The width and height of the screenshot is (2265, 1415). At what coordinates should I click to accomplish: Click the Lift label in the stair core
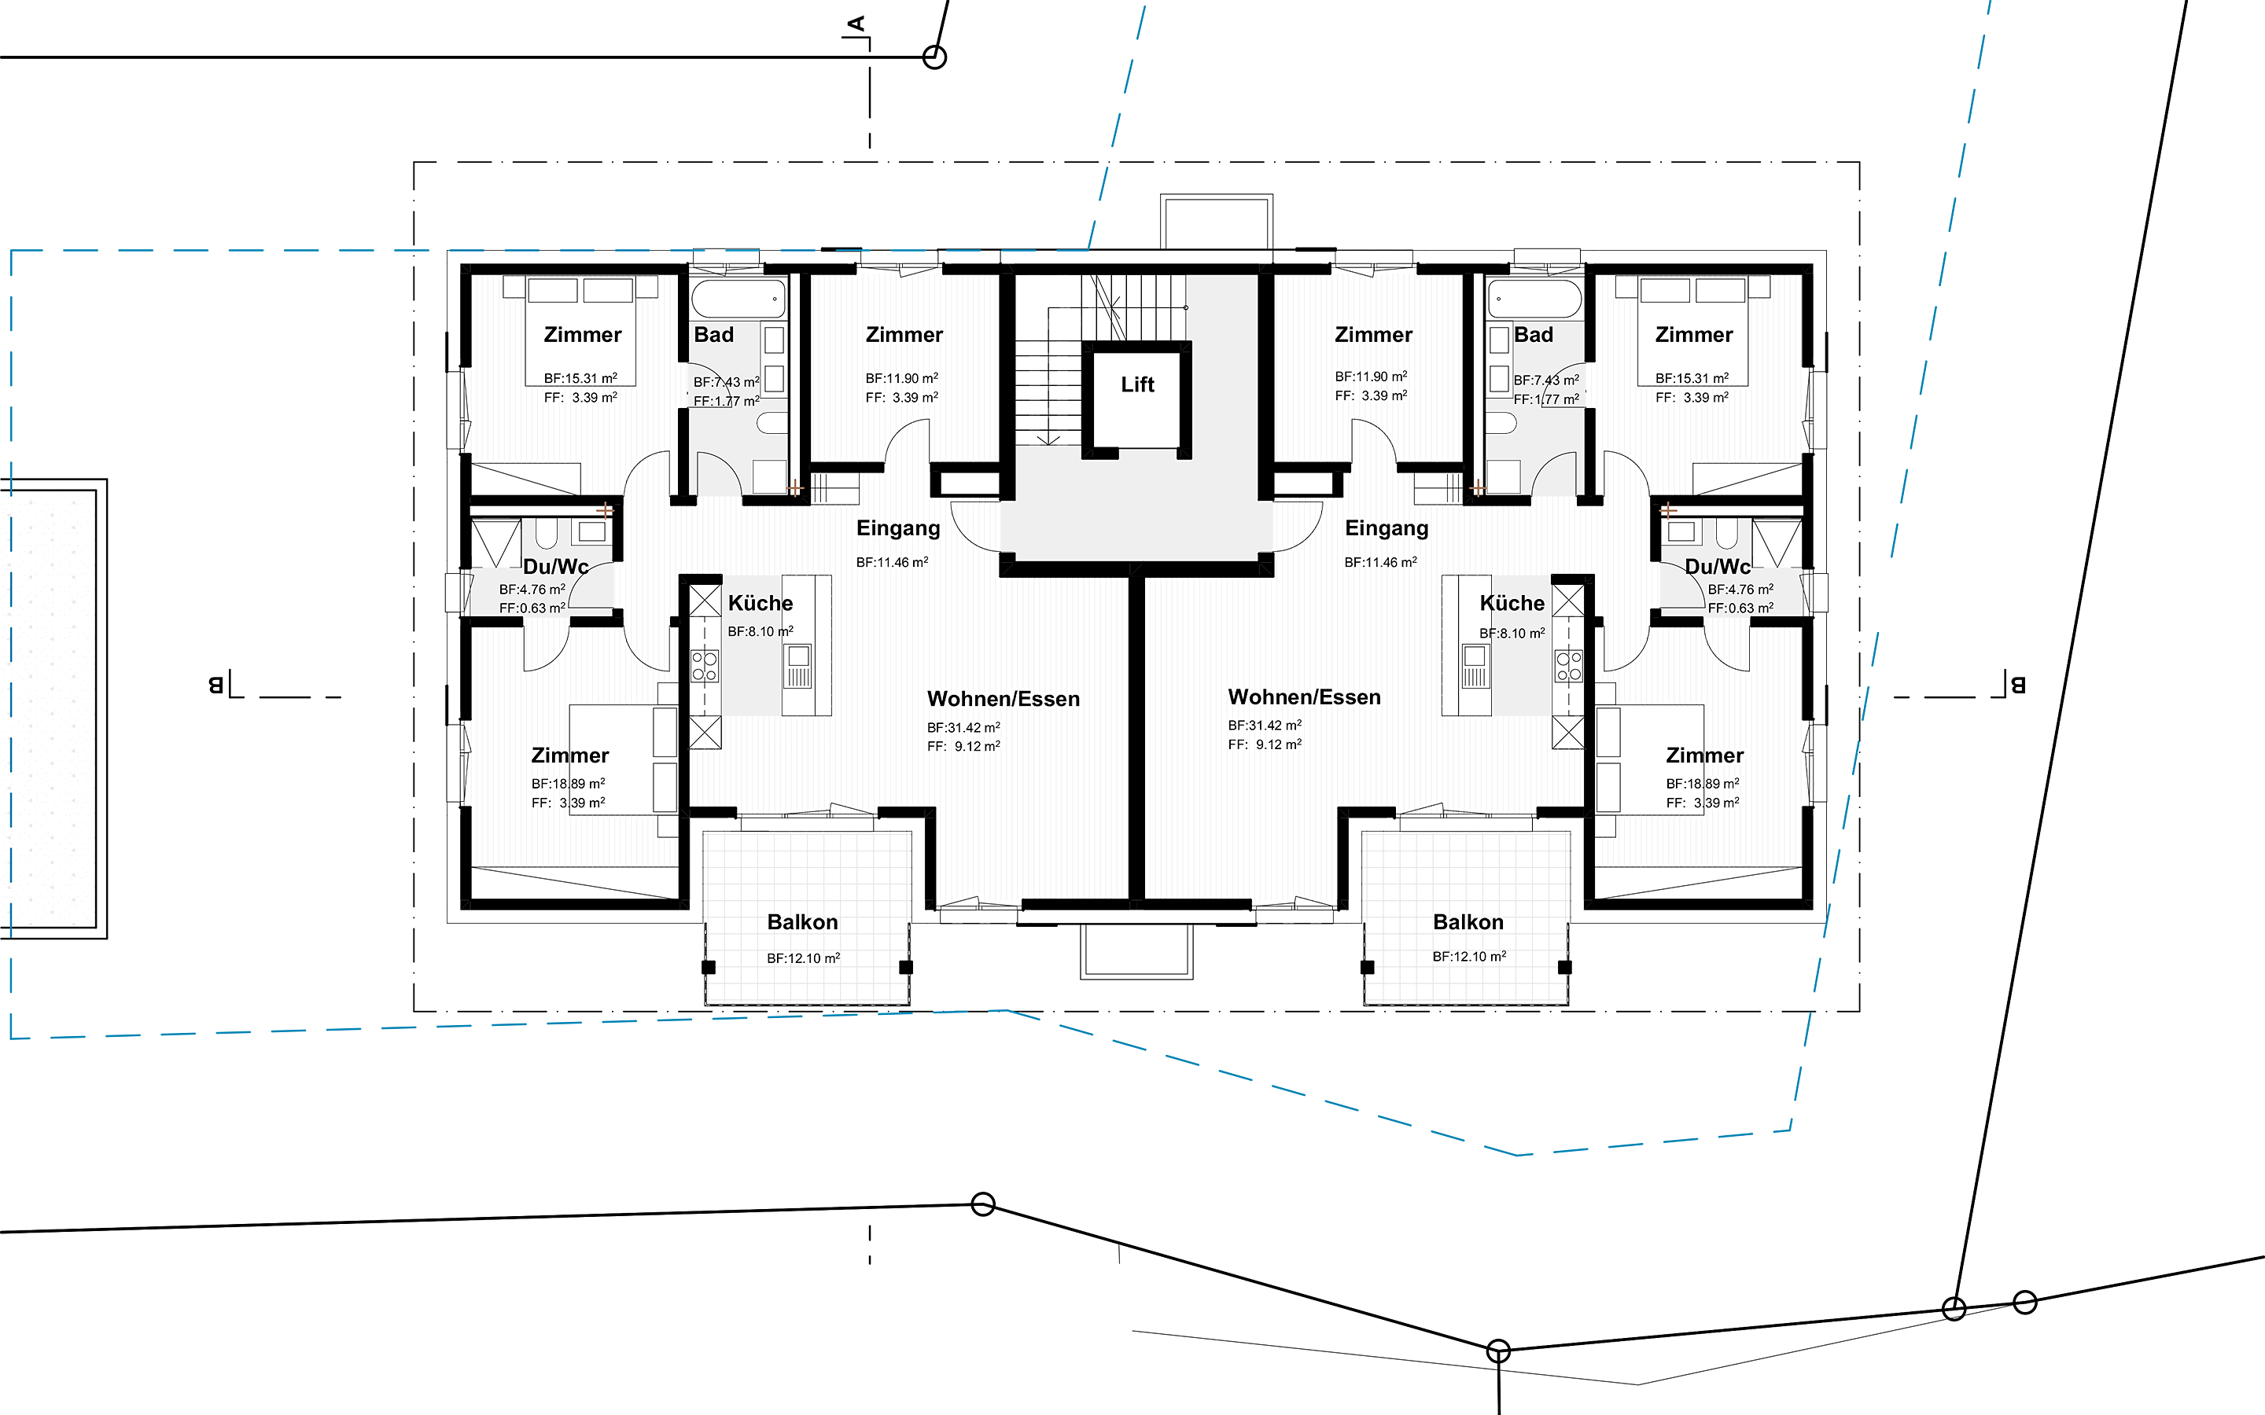click(x=1137, y=384)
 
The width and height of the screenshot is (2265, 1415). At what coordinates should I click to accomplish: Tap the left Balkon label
click(x=802, y=922)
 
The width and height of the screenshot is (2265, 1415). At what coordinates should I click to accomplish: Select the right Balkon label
click(x=1468, y=922)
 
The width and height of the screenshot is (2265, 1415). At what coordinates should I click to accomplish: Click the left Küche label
click(x=760, y=603)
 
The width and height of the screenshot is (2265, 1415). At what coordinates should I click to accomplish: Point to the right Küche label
click(x=1512, y=603)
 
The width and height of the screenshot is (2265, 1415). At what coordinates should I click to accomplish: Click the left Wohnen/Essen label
click(x=1004, y=699)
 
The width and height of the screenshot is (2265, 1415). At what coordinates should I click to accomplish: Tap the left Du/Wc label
click(x=556, y=566)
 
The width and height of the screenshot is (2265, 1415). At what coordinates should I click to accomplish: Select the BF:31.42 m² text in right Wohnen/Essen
click(x=1265, y=726)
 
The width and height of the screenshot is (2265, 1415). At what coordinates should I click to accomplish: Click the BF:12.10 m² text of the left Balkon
click(x=803, y=958)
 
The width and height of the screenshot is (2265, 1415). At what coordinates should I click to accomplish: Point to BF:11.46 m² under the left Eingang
click(x=892, y=562)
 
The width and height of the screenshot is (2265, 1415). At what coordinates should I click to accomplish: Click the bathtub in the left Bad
click(x=738, y=299)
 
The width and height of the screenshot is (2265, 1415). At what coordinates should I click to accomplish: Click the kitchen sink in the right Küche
click(x=1475, y=665)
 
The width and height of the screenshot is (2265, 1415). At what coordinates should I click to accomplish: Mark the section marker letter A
click(x=856, y=24)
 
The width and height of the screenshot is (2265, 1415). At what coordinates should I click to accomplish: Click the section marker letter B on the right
click(x=2018, y=685)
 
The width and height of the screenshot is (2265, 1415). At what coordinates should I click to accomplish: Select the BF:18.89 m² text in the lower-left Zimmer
click(x=568, y=783)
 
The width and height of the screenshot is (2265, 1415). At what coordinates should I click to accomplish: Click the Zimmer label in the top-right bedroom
click(x=1694, y=335)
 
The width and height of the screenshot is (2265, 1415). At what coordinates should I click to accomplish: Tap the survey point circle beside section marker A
click(x=934, y=57)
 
